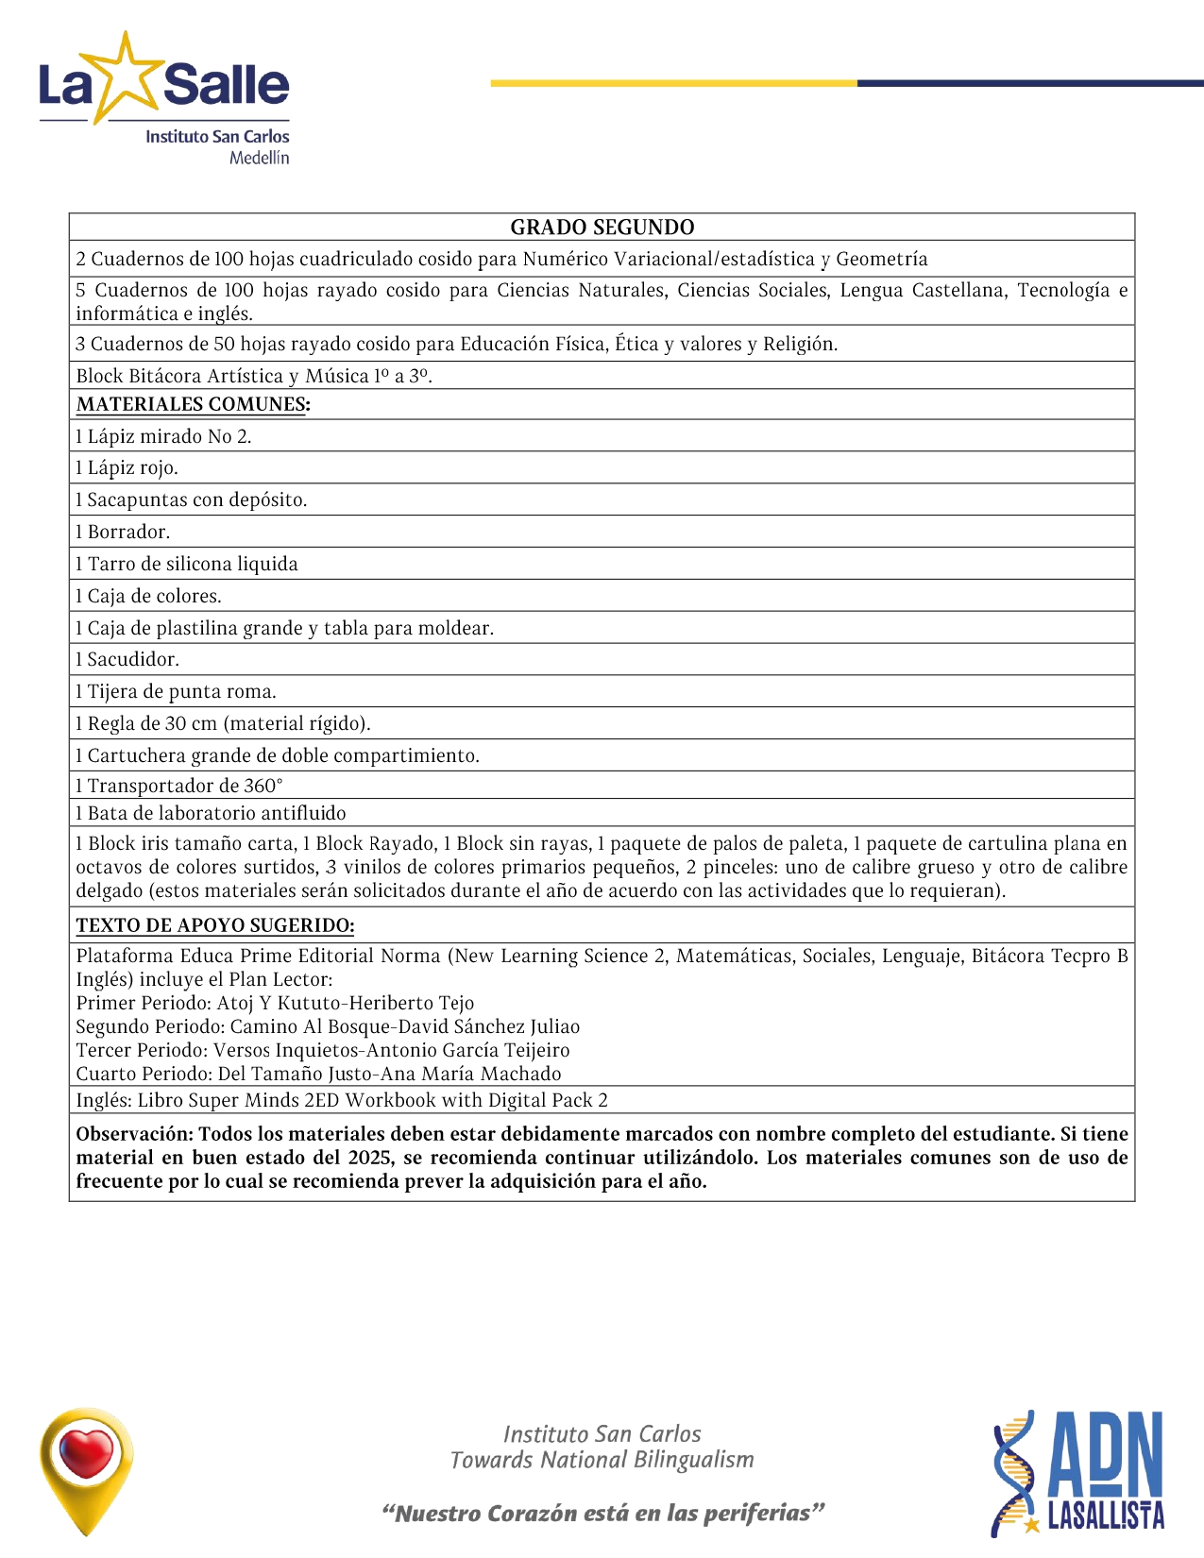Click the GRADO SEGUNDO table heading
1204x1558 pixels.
pyautogui.click(x=602, y=228)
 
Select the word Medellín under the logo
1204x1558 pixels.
pyautogui.click(x=259, y=158)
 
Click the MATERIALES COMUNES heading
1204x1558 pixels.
pyautogui.click(x=193, y=404)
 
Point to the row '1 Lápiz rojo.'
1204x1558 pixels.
pyautogui.click(x=127, y=467)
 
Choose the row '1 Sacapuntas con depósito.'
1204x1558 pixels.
pyautogui.click(x=192, y=500)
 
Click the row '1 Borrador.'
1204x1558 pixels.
pyautogui.click(x=124, y=532)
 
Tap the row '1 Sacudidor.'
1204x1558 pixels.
pyautogui.click(x=127, y=659)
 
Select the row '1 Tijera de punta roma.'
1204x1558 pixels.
pyautogui.click(x=177, y=691)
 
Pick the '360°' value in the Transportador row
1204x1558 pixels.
pyautogui.click(x=263, y=786)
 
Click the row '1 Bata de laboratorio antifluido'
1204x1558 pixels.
pyautogui.click(x=212, y=813)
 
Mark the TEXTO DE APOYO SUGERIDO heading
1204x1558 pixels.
pyautogui.click(x=215, y=925)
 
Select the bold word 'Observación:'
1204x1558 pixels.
pyautogui.click(x=134, y=1134)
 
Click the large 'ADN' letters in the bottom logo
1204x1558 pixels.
pyautogui.click(x=1106, y=1455)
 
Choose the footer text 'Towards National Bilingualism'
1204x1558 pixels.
pyautogui.click(x=602, y=1460)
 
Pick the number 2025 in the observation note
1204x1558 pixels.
pyautogui.click(x=370, y=1158)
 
